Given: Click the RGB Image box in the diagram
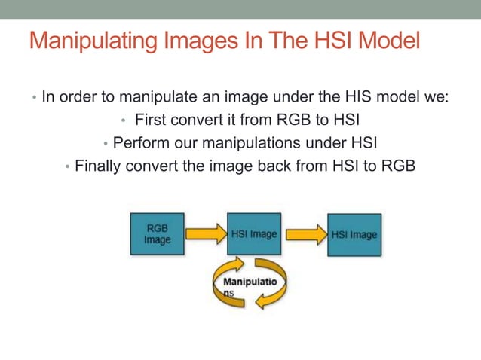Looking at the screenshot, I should tap(158, 234).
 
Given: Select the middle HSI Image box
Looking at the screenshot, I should tap(253, 234).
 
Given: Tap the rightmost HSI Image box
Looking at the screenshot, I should tap(354, 234).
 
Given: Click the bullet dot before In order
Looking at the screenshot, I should tap(33, 98).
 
